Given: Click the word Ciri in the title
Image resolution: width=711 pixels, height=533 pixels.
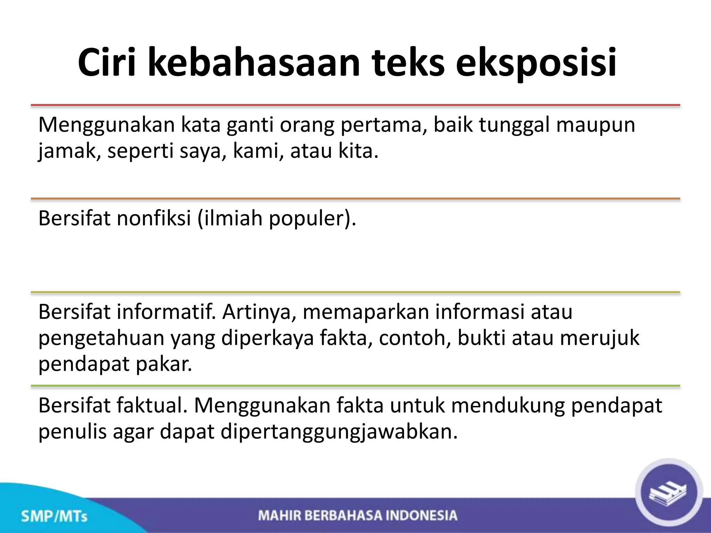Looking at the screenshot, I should click(107, 63).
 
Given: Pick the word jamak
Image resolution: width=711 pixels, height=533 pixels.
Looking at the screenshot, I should click(67, 152).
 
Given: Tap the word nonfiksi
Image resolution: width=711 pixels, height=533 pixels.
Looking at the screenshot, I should click(154, 219).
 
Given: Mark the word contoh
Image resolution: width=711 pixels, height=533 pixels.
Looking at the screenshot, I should click(415, 338).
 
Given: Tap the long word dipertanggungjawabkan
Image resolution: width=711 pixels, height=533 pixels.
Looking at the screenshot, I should click(339, 432).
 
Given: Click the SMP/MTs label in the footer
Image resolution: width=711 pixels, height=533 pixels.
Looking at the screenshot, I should click(54, 516).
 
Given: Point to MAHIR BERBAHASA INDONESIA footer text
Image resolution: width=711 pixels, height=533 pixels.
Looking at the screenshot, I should click(358, 515).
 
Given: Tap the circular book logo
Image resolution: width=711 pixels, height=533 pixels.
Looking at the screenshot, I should click(668, 492).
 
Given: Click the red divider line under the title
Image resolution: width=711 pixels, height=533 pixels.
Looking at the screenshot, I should click(355, 105).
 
